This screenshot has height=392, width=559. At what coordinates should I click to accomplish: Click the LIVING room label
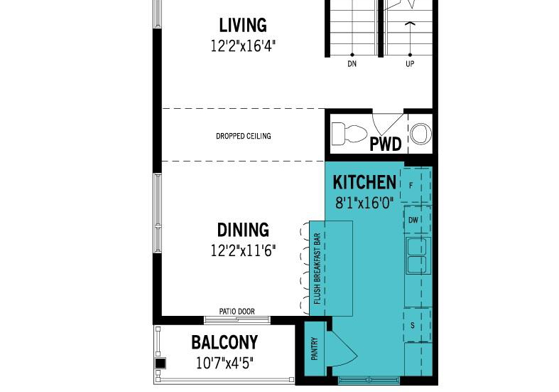(x=243, y=26)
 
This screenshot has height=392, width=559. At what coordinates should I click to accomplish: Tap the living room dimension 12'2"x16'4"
(x=243, y=46)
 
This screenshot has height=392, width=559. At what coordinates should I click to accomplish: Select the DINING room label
(x=243, y=230)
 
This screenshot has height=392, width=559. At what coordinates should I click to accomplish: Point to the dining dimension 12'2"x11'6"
(x=243, y=250)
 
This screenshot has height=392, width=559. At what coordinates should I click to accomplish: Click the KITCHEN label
(x=364, y=182)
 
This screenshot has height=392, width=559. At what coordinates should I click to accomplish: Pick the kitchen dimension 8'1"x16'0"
(x=364, y=203)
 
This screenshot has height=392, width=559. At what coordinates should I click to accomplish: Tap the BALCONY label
(x=224, y=342)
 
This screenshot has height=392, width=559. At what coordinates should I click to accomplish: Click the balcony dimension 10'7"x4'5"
(x=224, y=364)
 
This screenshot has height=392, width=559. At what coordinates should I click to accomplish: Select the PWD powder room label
(x=386, y=144)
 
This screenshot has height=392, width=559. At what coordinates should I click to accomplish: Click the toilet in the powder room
(x=349, y=134)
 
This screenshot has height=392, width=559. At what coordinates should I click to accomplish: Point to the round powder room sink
(x=420, y=134)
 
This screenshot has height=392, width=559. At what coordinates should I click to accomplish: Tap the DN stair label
(x=352, y=64)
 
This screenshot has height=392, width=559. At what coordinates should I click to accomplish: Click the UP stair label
(x=410, y=64)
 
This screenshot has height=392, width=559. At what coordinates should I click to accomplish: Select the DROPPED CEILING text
(x=244, y=136)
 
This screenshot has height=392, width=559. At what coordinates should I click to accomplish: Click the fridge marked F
(x=416, y=185)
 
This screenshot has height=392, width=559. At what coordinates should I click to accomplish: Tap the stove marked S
(x=417, y=325)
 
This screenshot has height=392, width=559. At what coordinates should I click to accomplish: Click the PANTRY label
(x=315, y=349)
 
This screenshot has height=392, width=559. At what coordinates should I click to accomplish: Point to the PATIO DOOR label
(x=237, y=312)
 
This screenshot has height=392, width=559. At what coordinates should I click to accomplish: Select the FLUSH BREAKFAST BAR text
(x=318, y=268)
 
